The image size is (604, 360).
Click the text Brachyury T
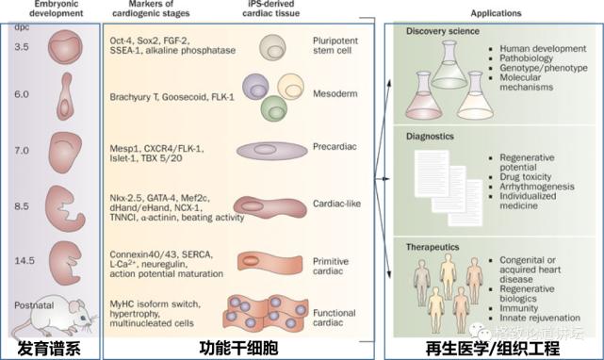click(x=133, y=96)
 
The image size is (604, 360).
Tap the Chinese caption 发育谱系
click(x=46, y=346)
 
